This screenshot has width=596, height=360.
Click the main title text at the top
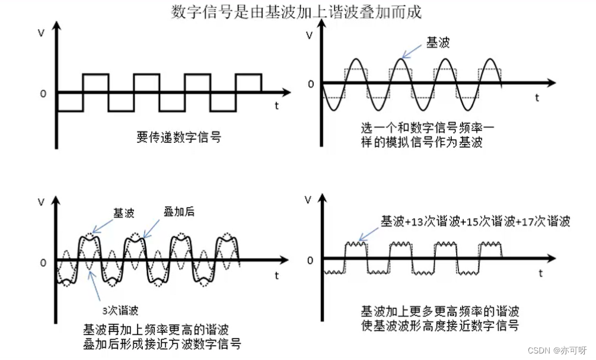pos(297,12)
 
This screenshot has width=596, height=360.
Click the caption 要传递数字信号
pos(179,138)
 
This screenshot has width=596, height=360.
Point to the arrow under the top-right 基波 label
pos(412,52)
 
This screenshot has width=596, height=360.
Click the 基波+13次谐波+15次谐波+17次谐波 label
pos(475,221)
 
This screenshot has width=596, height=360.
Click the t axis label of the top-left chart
pos(277,106)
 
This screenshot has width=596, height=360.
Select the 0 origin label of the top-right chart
pos(311,84)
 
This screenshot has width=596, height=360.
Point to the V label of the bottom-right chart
pos(308,200)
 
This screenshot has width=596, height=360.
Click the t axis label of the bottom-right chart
pos(541,273)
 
